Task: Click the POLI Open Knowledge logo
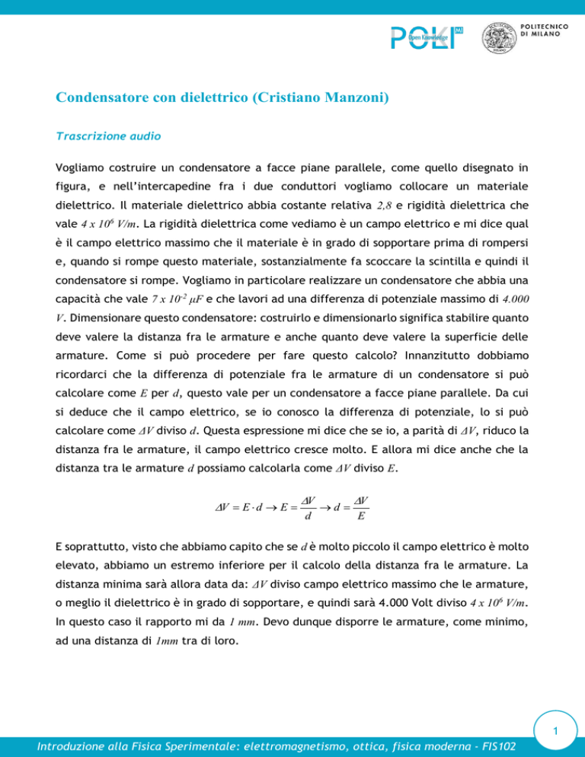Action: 427,38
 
